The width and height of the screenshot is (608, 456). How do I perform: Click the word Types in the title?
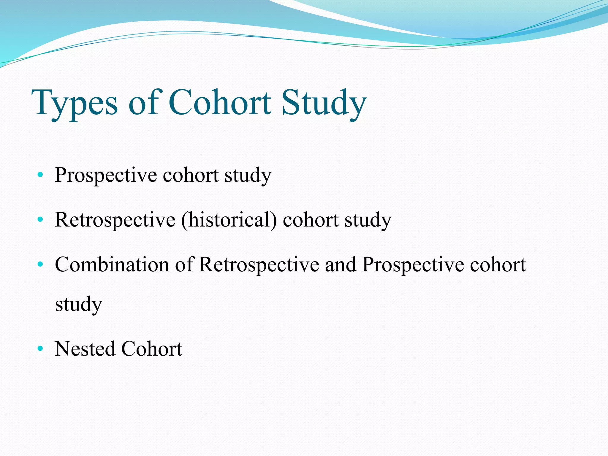pyautogui.click(x=76, y=103)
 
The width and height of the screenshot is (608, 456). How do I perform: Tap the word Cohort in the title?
pyautogui.click(x=220, y=103)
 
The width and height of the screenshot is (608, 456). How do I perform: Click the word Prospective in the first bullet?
pyautogui.click(x=106, y=175)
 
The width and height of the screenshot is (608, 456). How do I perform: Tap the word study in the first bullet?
pyautogui.click(x=248, y=175)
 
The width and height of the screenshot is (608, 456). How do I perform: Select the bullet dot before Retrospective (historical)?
pyautogui.click(x=40, y=220)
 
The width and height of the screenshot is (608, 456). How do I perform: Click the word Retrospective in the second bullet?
pyautogui.click(x=115, y=220)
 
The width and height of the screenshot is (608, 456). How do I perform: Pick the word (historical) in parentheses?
pyautogui.click(x=229, y=220)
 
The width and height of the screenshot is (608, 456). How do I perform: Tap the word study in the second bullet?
pyautogui.click(x=368, y=220)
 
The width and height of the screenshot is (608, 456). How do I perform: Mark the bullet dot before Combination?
pyautogui.click(x=40, y=264)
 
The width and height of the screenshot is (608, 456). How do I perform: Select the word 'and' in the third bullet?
pyautogui.click(x=341, y=264)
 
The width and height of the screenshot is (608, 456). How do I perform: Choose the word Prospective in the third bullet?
pyautogui.click(x=413, y=264)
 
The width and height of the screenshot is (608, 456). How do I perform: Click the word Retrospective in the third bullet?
pyautogui.click(x=259, y=264)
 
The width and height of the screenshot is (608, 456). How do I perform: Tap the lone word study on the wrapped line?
pyautogui.click(x=78, y=304)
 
